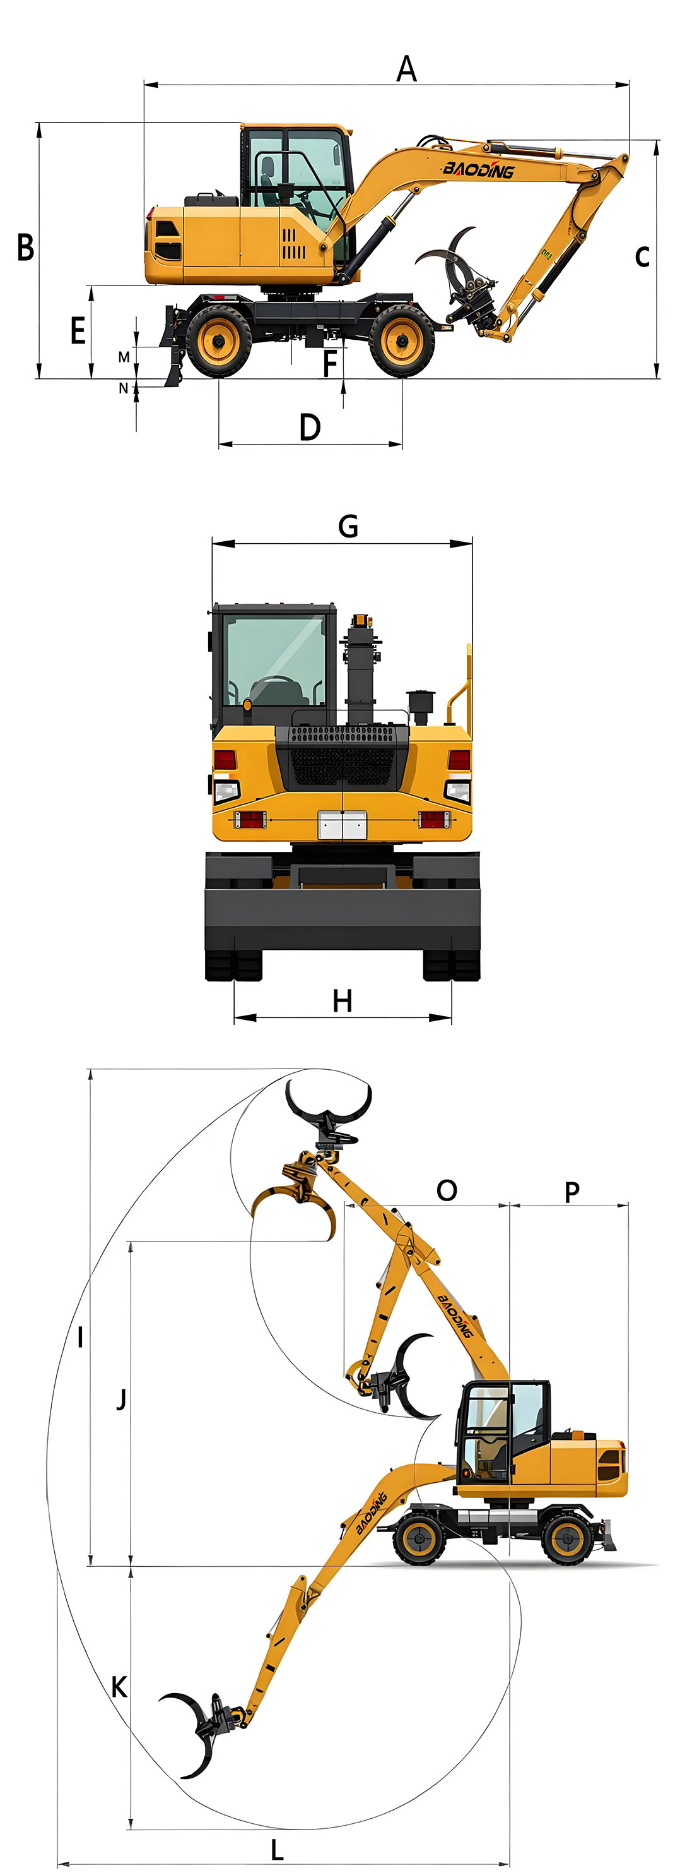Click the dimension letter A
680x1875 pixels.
(406, 68)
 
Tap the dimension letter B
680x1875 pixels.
(25, 247)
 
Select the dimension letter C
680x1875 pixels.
(642, 256)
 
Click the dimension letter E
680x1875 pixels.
(78, 331)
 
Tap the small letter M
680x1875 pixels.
(124, 357)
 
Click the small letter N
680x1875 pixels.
(124, 388)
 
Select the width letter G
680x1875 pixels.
(348, 525)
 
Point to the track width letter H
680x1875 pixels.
(343, 1001)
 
